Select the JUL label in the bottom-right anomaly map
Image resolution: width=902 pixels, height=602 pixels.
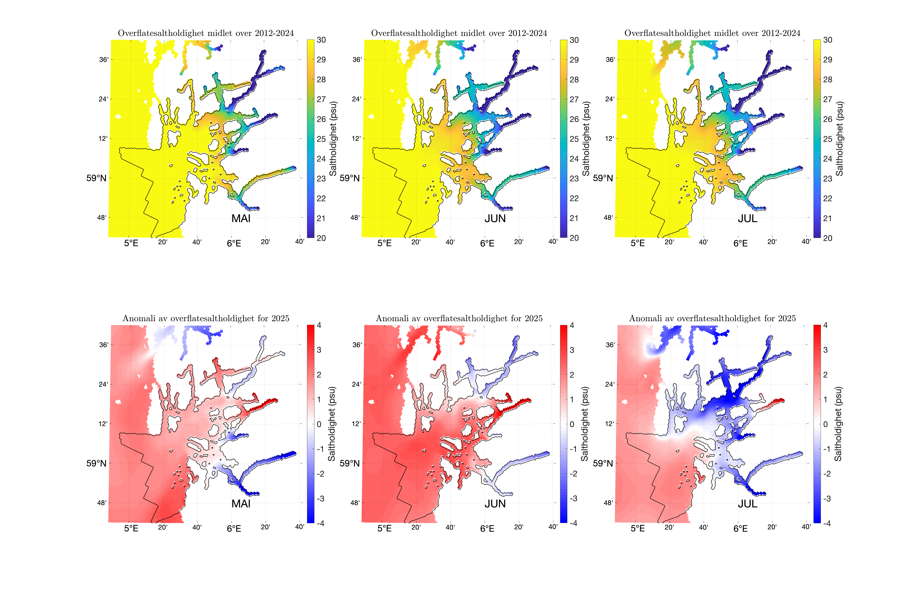pos(748,504)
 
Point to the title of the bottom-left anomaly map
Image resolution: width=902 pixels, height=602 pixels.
pos(206,318)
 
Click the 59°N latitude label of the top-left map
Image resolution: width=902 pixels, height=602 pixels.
pos(96,178)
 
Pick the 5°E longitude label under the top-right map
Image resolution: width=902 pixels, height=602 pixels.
pos(638,243)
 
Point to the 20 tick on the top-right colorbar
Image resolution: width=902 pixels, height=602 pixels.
pos(827,238)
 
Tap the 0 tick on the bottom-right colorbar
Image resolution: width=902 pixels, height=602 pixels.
pos(825,424)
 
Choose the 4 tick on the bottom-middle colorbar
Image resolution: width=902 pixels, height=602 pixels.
pos(572,325)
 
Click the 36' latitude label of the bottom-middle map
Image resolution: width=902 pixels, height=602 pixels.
pos(357,345)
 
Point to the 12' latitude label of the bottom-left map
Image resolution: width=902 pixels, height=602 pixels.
pos(103,424)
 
